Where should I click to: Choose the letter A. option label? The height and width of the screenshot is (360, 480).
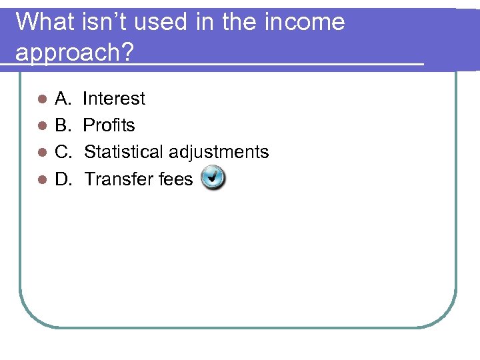63,99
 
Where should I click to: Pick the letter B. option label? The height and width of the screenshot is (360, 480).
63,125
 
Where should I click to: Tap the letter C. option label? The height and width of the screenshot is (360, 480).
63,152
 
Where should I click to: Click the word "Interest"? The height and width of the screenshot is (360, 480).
113,99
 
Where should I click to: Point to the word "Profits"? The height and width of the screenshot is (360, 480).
109,125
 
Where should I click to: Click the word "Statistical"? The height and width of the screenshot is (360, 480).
124,152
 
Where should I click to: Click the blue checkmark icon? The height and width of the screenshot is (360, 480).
213,178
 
